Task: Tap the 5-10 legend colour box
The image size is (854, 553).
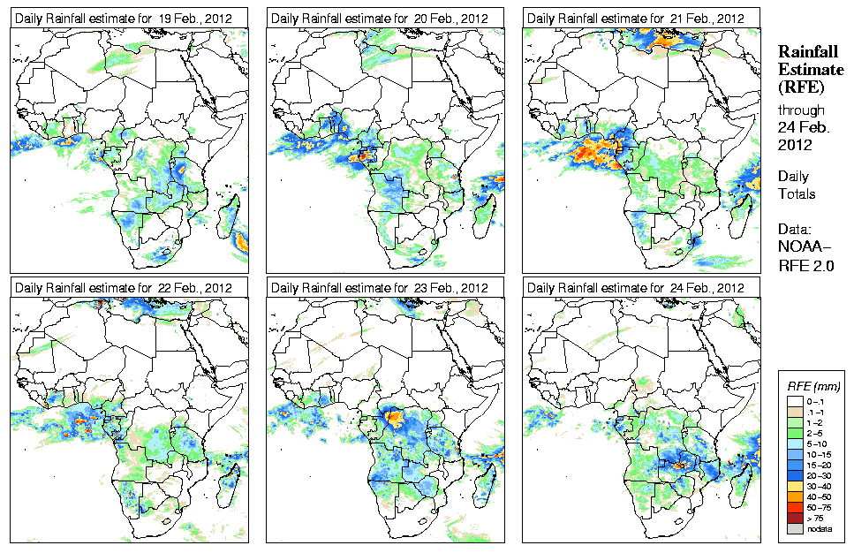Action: click(x=792, y=443)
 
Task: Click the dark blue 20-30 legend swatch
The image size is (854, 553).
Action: click(x=792, y=475)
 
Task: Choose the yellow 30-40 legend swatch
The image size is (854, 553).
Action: click(x=792, y=486)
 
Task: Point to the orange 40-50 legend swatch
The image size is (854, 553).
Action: click(x=792, y=496)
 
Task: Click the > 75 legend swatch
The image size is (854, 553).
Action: click(x=792, y=518)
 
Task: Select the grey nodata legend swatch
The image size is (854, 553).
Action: click(x=792, y=528)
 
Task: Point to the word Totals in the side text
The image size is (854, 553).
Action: click(x=796, y=193)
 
